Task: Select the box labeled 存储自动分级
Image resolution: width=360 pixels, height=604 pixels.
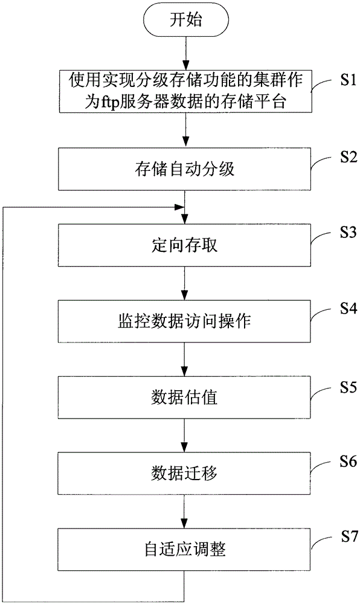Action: tap(184, 169)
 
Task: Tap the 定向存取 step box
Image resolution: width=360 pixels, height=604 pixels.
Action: tap(184, 245)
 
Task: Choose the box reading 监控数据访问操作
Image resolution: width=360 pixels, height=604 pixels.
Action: tap(184, 321)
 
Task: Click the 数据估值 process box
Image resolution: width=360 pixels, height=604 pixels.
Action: tap(184, 397)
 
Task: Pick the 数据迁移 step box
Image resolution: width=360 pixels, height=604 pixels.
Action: tap(184, 474)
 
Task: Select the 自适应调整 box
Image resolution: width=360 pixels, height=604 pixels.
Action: tap(184, 550)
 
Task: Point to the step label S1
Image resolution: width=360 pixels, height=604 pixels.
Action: tap(349, 82)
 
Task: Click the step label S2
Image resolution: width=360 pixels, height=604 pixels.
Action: tap(349, 157)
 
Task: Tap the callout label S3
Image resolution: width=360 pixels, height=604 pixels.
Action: tap(349, 233)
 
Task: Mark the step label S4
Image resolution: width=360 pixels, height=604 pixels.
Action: tap(349, 309)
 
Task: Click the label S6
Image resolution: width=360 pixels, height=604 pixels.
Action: tap(349, 461)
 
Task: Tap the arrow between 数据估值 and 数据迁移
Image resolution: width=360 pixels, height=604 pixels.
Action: tap(185, 435)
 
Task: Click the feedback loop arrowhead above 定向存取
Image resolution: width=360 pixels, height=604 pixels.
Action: tap(179, 207)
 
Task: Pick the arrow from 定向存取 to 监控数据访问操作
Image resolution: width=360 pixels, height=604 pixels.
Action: tap(185, 283)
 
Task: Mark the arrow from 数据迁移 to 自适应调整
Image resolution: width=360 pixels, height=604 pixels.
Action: tap(185, 512)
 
